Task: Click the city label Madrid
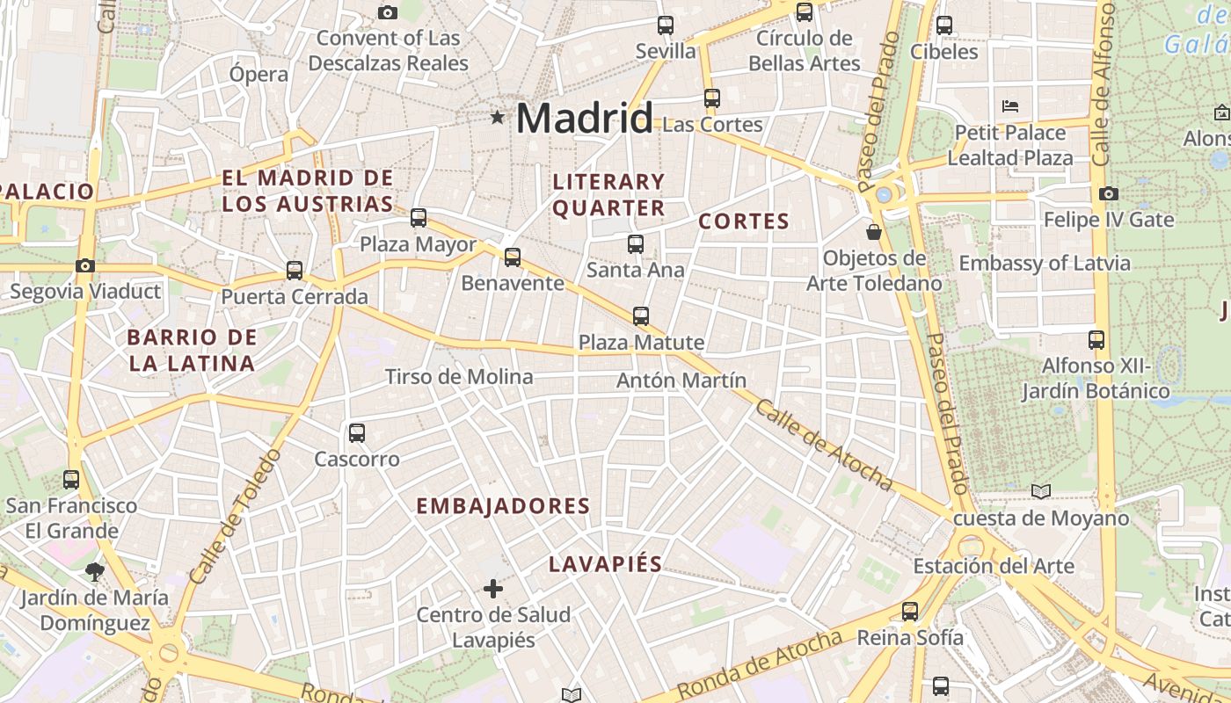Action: point(585,118)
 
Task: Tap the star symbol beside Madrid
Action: point(498,117)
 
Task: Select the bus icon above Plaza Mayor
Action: point(419,217)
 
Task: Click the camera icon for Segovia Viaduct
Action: point(85,265)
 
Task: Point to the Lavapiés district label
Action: point(605,564)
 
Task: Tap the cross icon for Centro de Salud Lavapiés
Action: point(493,588)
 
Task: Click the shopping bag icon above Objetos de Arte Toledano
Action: point(874,232)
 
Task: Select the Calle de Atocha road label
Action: point(823,446)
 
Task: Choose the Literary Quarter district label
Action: point(608,195)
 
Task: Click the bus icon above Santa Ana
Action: point(635,243)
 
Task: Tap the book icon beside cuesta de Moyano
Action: point(1041,492)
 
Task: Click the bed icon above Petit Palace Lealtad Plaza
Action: point(1010,107)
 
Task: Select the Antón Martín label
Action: point(681,380)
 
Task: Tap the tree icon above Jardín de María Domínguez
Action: point(94,572)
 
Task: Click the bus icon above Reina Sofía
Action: point(910,611)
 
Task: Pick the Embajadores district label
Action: point(502,506)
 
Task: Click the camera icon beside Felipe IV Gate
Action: point(1109,193)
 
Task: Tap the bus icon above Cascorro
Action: point(357,432)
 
